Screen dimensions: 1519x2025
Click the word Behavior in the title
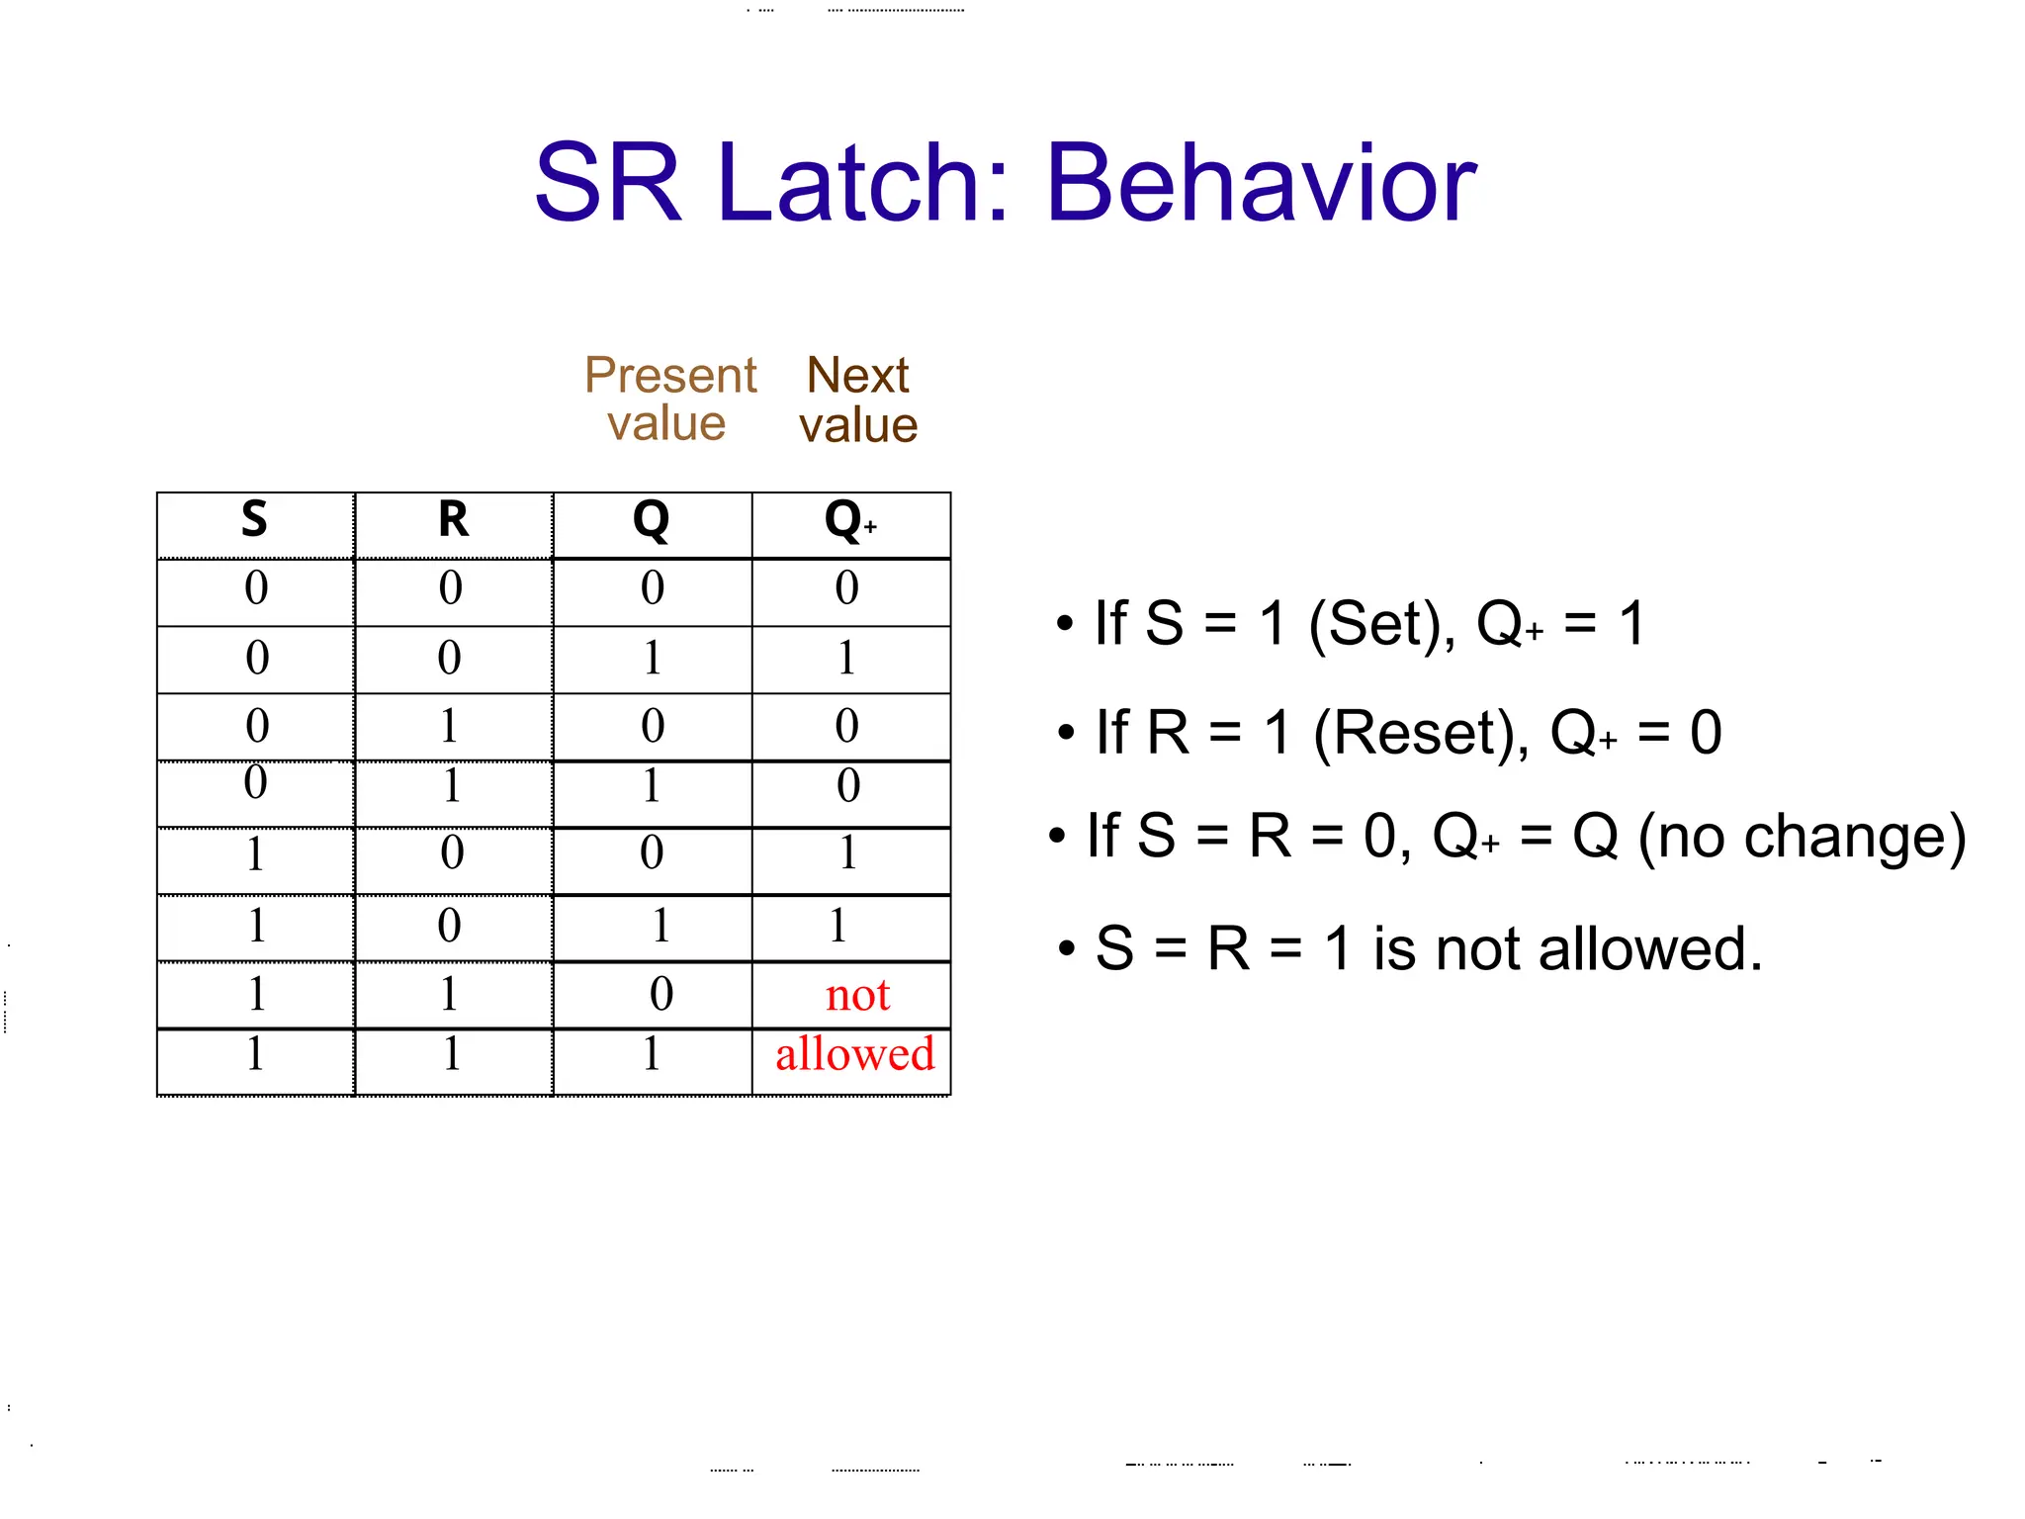[1261, 184]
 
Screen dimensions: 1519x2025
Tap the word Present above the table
[669, 376]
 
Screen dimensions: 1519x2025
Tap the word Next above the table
[857, 376]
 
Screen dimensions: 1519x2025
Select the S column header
[254, 520]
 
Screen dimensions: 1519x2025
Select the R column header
[453, 520]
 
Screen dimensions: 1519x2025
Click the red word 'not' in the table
[857, 995]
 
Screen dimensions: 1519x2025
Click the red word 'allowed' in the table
[854, 1054]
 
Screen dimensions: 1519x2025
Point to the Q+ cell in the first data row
[847, 588]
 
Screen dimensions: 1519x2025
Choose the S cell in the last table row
[255, 1054]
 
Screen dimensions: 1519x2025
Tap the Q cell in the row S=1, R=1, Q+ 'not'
[660, 995]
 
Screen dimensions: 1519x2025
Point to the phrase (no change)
[1802, 838]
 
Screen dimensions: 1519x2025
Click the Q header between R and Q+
[651, 520]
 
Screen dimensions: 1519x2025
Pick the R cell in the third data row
[449, 727]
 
